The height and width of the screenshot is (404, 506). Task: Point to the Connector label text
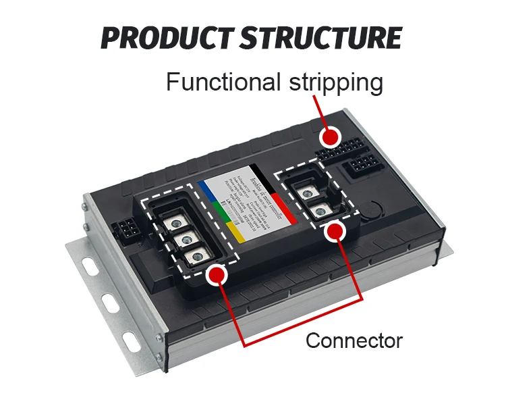click(354, 340)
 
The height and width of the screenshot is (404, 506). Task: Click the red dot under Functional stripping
click(329, 137)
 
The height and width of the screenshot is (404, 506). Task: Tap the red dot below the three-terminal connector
click(216, 274)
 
